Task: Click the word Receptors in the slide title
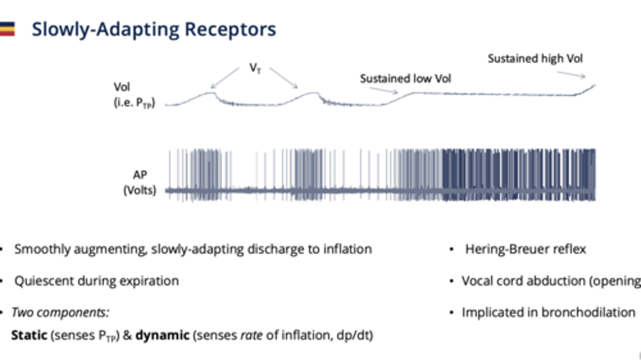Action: pos(230,29)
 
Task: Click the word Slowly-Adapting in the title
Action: pos(106,29)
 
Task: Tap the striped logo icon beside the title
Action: pos(7,29)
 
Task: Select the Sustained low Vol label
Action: pos(405,79)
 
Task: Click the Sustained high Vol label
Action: pos(535,58)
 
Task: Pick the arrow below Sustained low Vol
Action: pos(384,90)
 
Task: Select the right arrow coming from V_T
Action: pos(283,78)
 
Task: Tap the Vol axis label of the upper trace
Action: pos(122,87)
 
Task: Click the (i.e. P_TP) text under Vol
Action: pos(134,104)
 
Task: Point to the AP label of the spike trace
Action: pos(140,175)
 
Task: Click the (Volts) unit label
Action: pos(140,190)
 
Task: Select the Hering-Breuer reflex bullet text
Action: pos(525,249)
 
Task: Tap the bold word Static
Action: pos(29,335)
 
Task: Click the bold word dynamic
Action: pos(162,335)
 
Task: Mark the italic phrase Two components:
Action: pos(60,312)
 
